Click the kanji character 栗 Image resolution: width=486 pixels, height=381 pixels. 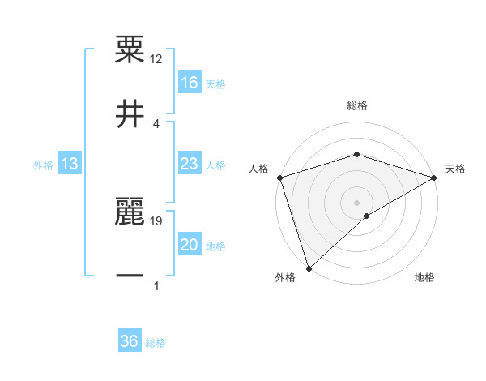pyautogui.click(x=130, y=49)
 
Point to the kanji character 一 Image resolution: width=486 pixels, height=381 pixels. pyautogui.click(x=130, y=276)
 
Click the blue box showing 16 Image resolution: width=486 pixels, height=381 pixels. pyautogui.click(x=189, y=83)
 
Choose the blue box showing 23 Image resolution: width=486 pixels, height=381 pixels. pyautogui.click(x=189, y=164)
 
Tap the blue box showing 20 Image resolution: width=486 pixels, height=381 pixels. pyautogui.click(x=189, y=245)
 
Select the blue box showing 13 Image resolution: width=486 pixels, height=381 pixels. pyautogui.click(x=70, y=164)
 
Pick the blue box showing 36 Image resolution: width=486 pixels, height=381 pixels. pyautogui.click(x=129, y=341)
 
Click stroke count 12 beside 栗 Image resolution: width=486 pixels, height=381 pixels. pyautogui.click(x=156, y=59)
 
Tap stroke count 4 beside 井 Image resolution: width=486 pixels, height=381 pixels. pyautogui.click(x=156, y=123)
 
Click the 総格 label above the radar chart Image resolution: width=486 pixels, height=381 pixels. pyautogui.click(x=356, y=105)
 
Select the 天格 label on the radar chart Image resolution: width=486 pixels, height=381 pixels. pyautogui.click(x=455, y=169)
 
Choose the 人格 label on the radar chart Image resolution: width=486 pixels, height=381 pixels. pyautogui.click(x=258, y=169)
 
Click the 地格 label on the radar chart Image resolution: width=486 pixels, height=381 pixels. pyautogui.click(x=424, y=278)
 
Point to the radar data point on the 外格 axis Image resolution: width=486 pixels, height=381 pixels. pyautogui.click(x=309, y=268)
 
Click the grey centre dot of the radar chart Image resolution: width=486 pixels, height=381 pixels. pyautogui.click(x=356, y=203)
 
